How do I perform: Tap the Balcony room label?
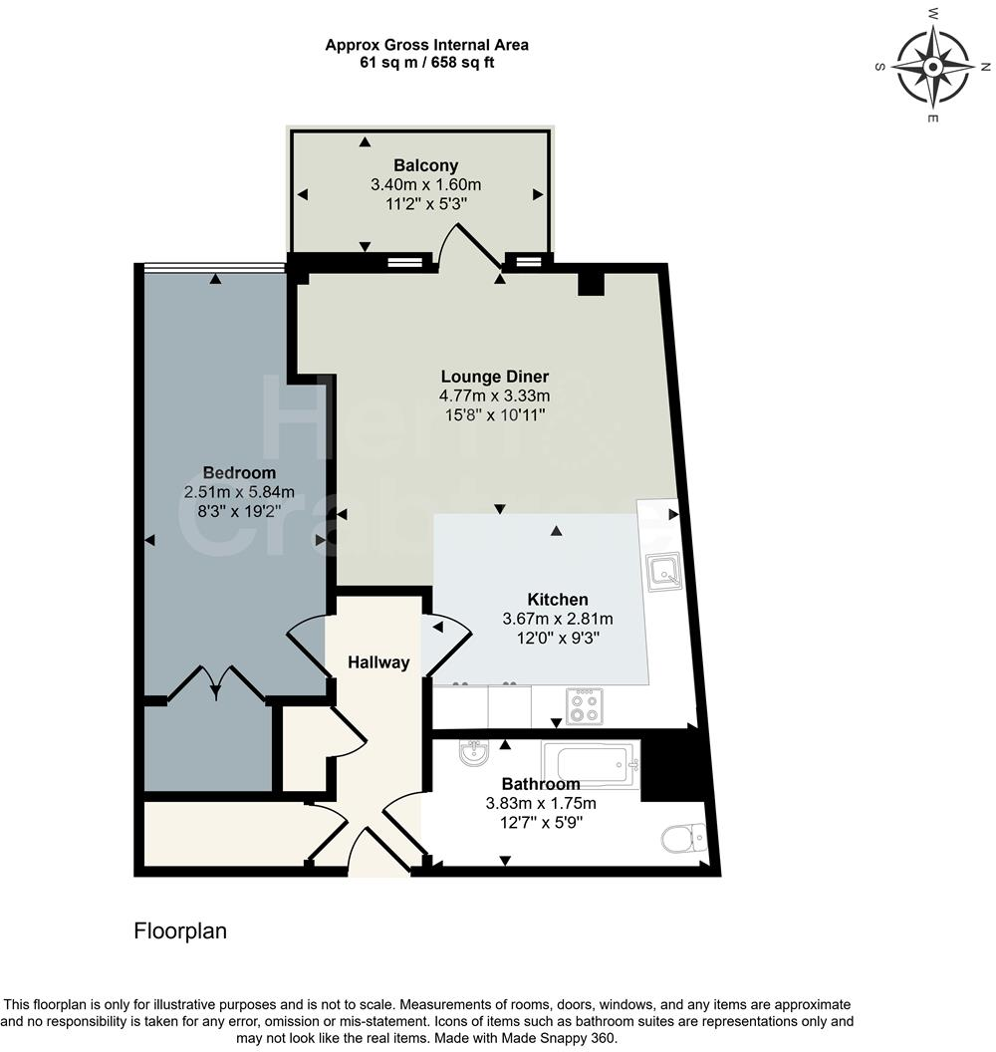[x=425, y=165]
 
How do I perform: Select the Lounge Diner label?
[x=495, y=377]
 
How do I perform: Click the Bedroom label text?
[x=239, y=472]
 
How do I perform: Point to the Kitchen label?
[x=557, y=600]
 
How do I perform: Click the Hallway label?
[x=378, y=662]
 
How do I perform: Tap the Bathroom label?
[x=540, y=784]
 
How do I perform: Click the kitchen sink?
[x=662, y=571]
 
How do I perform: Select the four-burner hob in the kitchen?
[x=585, y=706]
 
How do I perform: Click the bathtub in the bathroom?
[x=590, y=763]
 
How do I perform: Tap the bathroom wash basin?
[x=474, y=756]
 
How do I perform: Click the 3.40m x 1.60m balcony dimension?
[x=425, y=184]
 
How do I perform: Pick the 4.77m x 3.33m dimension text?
[x=495, y=395]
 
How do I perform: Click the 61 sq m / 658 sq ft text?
[x=426, y=62]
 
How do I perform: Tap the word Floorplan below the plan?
[x=180, y=931]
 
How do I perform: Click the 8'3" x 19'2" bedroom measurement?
[x=239, y=510]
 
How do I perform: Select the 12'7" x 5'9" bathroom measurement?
[x=540, y=822]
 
